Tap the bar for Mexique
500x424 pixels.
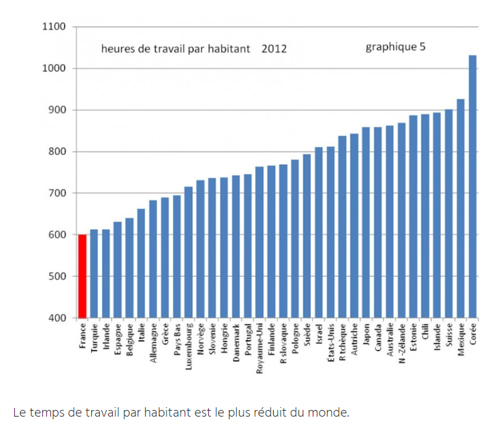pyautogui.click(x=460, y=208)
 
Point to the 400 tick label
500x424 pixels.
pyautogui.click(x=56, y=317)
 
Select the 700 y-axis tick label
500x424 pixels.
pyautogui.click(x=56, y=193)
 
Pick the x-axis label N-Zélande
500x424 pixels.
pyautogui.click(x=401, y=342)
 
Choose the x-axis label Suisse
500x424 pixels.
pyautogui.click(x=449, y=336)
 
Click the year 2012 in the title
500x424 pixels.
pyautogui.click(x=274, y=48)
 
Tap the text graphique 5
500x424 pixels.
pyautogui.click(x=395, y=47)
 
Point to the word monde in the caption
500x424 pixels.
pyautogui.click(x=332, y=411)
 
